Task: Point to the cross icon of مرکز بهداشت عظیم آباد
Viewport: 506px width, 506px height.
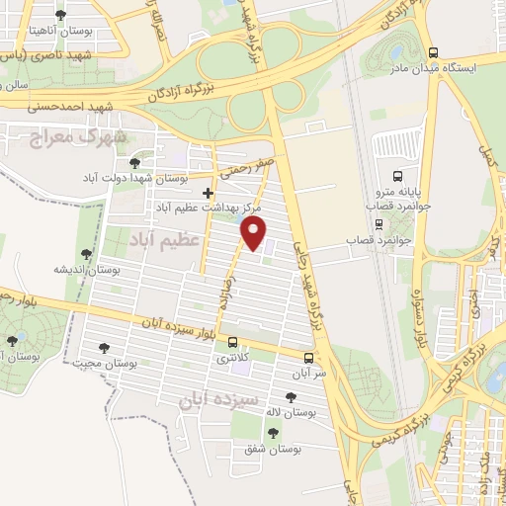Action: click(207, 193)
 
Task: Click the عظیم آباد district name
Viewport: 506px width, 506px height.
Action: click(166, 239)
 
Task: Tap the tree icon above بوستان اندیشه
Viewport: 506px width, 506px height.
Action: click(88, 253)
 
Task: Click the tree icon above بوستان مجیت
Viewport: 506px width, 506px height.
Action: click(105, 347)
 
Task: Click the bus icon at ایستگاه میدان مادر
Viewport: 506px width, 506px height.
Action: click(432, 52)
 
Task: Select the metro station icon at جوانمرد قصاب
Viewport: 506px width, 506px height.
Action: click(403, 223)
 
